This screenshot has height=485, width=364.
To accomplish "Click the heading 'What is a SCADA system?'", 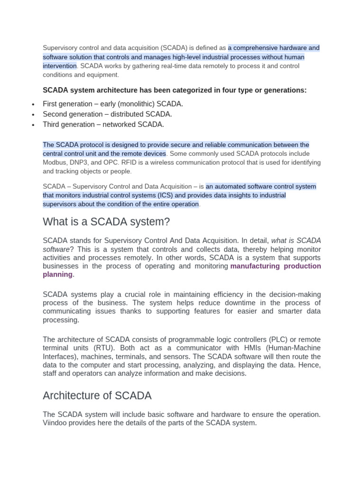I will (106, 222).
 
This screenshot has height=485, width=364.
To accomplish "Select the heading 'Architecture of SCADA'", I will (97, 396).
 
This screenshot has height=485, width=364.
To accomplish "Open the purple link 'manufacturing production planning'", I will (275, 266).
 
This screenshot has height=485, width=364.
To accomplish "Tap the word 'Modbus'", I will (53, 162).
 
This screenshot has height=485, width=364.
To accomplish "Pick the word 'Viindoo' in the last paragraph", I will (55, 423).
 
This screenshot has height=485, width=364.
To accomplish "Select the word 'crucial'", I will (132, 294).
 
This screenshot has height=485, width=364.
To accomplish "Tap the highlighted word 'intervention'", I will (59, 66).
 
